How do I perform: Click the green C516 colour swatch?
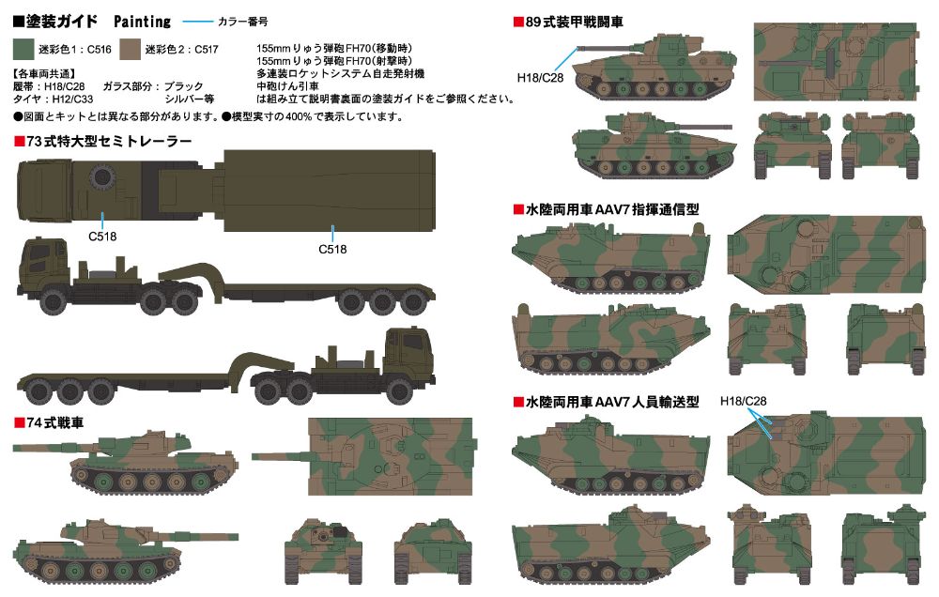tap(23, 49)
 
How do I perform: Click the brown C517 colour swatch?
tap(130, 49)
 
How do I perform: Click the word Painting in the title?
tap(143, 22)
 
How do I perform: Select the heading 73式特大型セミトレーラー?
tap(103, 142)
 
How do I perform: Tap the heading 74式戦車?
tap(49, 422)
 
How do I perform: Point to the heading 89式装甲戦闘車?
tap(568, 23)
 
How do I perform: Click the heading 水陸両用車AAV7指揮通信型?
tap(606, 209)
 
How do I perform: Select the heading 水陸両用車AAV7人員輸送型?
tap(606, 402)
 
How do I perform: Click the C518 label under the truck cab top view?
tap(102, 237)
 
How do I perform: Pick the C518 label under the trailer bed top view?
tap(332, 249)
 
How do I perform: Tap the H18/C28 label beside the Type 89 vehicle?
tap(540, 78)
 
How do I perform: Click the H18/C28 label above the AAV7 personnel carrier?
tap(743, 401)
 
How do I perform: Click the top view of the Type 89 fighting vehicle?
tap(836, 62)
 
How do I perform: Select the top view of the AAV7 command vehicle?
tap(826, 254)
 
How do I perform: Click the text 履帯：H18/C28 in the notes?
tap(49, 86)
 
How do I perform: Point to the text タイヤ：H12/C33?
tap(54, 99)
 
